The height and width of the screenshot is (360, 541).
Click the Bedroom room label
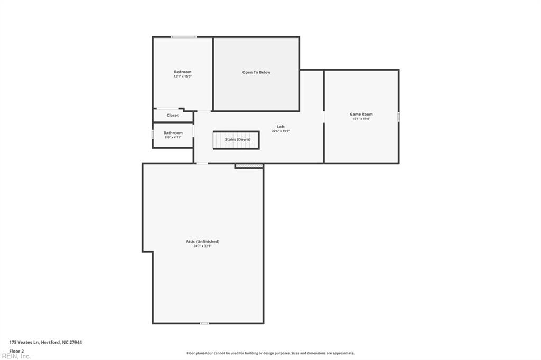click(183, 72)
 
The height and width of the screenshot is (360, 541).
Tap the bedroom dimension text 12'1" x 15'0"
click(183, 77)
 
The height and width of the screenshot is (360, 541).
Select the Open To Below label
click(256, 72)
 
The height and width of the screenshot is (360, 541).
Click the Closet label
click(173, 115)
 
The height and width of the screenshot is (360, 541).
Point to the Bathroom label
click(173, 133)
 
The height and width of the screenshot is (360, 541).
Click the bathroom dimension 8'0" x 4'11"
click(173, 137)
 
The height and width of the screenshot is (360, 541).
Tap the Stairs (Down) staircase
click(236, 140)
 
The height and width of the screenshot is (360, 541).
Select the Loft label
click(281, 127)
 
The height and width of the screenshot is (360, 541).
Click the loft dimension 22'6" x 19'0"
click(281, 131)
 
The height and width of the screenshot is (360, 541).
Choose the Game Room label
click(361, 114)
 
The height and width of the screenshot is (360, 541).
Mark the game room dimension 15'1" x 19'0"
click(361, 119)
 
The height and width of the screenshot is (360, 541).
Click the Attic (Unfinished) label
click(202, 241)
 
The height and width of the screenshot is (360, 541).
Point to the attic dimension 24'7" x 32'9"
click(202, 246)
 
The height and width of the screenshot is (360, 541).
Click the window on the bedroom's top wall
click(184, 37)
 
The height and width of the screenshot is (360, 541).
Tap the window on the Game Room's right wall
click(399, 116)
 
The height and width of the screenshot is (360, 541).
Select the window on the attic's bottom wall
click(204, 323)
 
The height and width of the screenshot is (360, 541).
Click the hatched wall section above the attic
click(249, 166)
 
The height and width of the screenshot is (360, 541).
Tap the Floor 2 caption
click(17, 350)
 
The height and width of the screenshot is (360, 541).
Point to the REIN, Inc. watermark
click(16, 356)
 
